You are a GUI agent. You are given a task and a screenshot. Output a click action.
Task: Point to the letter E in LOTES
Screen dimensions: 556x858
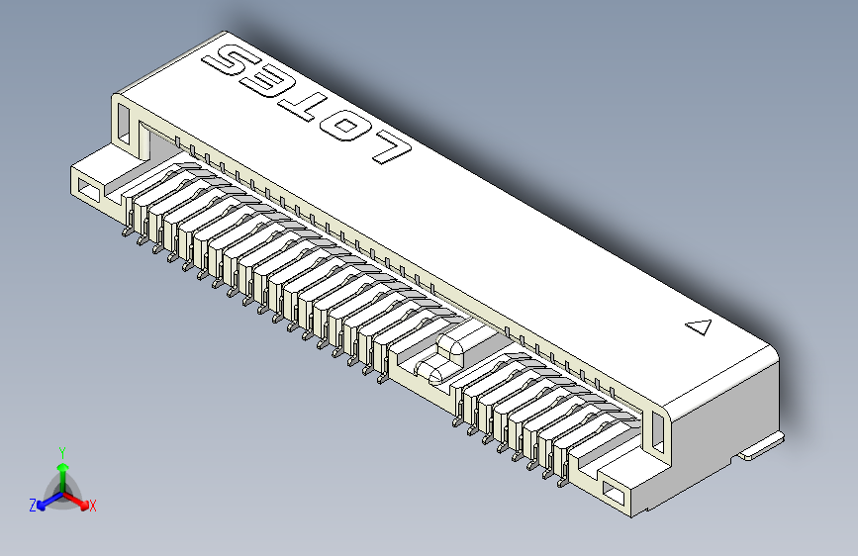coord(268,80)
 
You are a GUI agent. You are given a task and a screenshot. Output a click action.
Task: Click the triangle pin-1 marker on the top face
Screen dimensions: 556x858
coord(699,327)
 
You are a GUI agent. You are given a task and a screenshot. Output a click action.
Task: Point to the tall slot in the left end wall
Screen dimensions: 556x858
coord(123,120)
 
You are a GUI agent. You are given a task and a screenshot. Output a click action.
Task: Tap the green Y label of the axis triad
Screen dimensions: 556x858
coord(62,451)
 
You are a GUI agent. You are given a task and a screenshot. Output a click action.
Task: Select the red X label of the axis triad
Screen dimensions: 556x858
coord(93,507)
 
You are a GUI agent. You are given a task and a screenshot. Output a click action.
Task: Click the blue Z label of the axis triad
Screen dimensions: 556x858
coord(33,506)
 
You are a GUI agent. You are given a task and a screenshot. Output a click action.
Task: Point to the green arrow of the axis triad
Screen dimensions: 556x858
coord(62,472)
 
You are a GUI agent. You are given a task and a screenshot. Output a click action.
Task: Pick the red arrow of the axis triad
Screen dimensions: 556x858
coord(80,502)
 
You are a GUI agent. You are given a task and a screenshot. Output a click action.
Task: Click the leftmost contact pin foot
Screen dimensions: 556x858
coord(125,233)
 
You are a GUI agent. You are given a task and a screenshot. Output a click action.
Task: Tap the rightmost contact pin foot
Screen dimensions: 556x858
coord(562,484)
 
